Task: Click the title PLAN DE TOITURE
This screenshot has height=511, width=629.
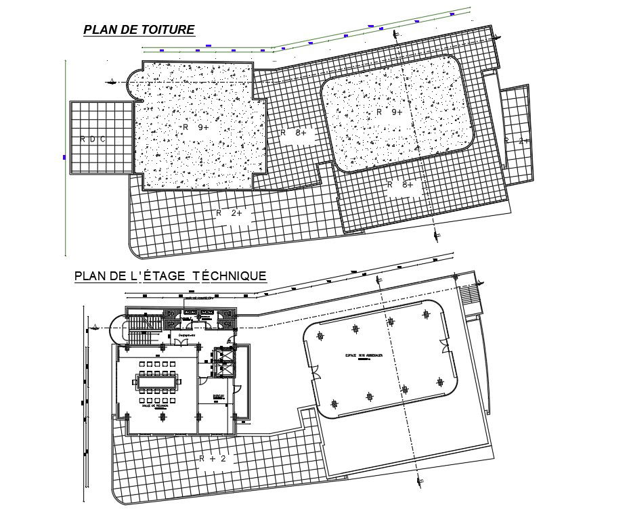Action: click(x=139, y=30)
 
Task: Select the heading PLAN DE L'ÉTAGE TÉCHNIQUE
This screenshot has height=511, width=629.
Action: click(x=170, y=275)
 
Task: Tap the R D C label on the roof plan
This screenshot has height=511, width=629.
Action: click(x=93, y=139)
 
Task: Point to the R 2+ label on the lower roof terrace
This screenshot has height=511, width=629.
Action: click(x=234, y=213)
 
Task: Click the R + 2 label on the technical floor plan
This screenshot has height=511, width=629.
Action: click(x=217, y=458)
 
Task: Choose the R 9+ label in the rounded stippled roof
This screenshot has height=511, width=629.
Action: click(x=389, y=112)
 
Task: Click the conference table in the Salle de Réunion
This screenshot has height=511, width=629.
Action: click(x=158, y=383)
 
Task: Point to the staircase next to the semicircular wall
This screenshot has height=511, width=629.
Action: click(x=142, y=331)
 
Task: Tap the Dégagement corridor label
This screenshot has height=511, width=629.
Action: click(x=187, y=334)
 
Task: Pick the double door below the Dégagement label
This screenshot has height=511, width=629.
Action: click(x=181, y=342)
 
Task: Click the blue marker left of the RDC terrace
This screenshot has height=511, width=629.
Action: click(x=64, y=157)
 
